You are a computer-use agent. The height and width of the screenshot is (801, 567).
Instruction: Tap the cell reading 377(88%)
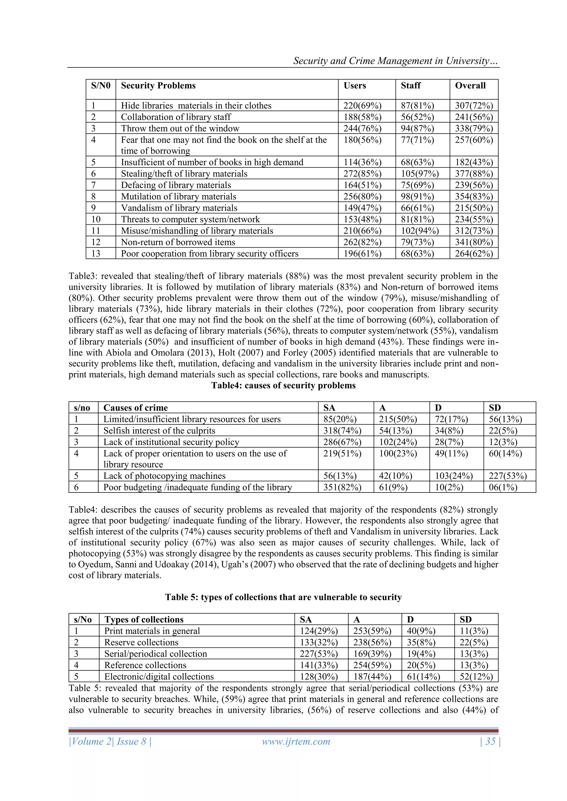coord(474,174)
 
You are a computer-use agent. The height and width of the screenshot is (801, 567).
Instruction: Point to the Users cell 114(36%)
coord(362,162)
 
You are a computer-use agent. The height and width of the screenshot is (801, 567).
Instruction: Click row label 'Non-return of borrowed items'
coord(178,242)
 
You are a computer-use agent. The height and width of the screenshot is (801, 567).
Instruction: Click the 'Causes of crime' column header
coord(135,408)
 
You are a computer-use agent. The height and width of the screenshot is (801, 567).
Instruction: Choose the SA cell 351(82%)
coord(342,487)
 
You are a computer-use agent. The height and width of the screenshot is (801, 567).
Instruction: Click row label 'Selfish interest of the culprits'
coord(159,431)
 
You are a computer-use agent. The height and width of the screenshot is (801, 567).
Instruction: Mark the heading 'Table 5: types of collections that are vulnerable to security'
coord(283,597)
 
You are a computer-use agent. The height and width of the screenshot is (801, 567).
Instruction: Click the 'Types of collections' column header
coord(144,619)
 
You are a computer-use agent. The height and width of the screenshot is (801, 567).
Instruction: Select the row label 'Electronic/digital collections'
coord(159,677)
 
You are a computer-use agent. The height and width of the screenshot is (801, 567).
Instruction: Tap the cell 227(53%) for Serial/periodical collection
coord(318,654)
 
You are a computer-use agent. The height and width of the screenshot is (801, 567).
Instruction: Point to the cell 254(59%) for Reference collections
coord(372,665)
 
